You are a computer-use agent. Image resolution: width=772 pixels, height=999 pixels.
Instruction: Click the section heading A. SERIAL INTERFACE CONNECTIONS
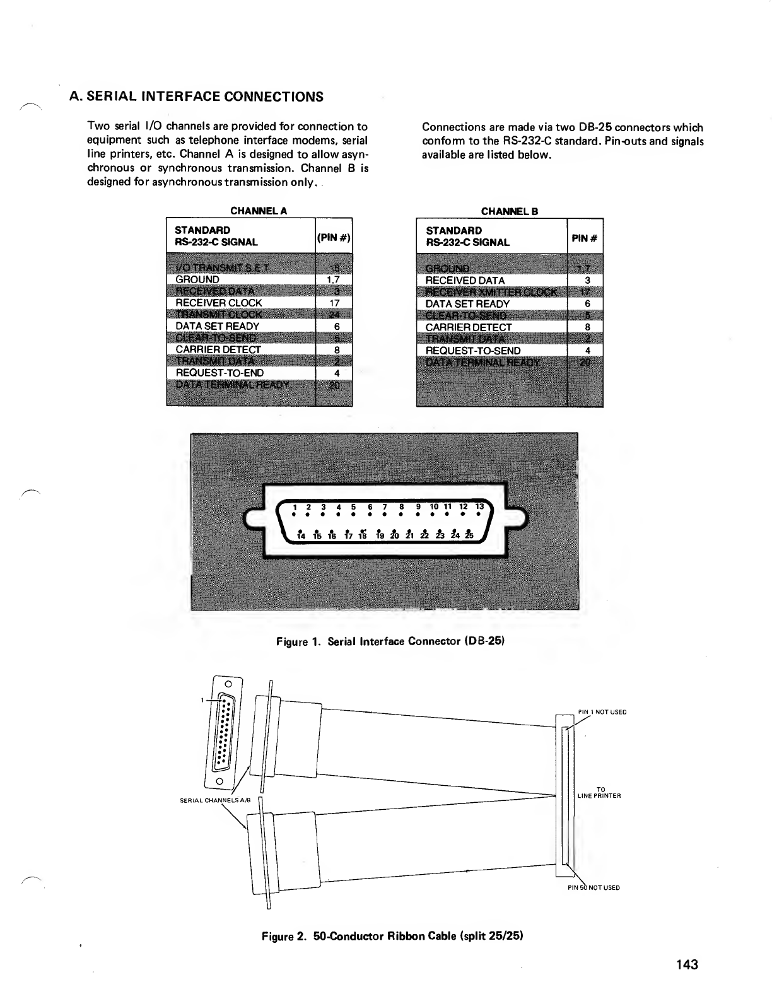196,96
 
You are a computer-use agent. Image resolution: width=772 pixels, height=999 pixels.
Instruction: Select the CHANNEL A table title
259,211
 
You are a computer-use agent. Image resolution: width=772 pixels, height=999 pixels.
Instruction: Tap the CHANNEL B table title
510,211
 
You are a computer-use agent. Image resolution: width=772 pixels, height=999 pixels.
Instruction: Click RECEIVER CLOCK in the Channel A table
218,303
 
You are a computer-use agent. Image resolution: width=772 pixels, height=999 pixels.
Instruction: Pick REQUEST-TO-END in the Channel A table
219,373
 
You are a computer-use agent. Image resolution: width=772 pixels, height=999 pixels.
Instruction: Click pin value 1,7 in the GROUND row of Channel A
334,279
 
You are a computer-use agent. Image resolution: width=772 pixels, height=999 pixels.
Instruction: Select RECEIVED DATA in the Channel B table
465,280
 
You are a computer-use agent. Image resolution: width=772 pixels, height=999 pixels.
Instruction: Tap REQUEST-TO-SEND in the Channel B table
473,351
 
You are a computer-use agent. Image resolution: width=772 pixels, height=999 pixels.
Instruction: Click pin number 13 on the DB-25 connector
479,506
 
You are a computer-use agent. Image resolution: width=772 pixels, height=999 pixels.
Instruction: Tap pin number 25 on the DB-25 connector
469,536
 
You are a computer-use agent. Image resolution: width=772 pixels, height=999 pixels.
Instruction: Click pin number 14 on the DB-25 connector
301,536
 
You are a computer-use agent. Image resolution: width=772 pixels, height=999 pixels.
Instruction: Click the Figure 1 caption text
391,641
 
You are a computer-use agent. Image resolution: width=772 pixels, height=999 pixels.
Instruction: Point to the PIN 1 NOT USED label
602,712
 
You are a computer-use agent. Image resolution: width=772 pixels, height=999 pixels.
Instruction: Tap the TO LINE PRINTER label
599,792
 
